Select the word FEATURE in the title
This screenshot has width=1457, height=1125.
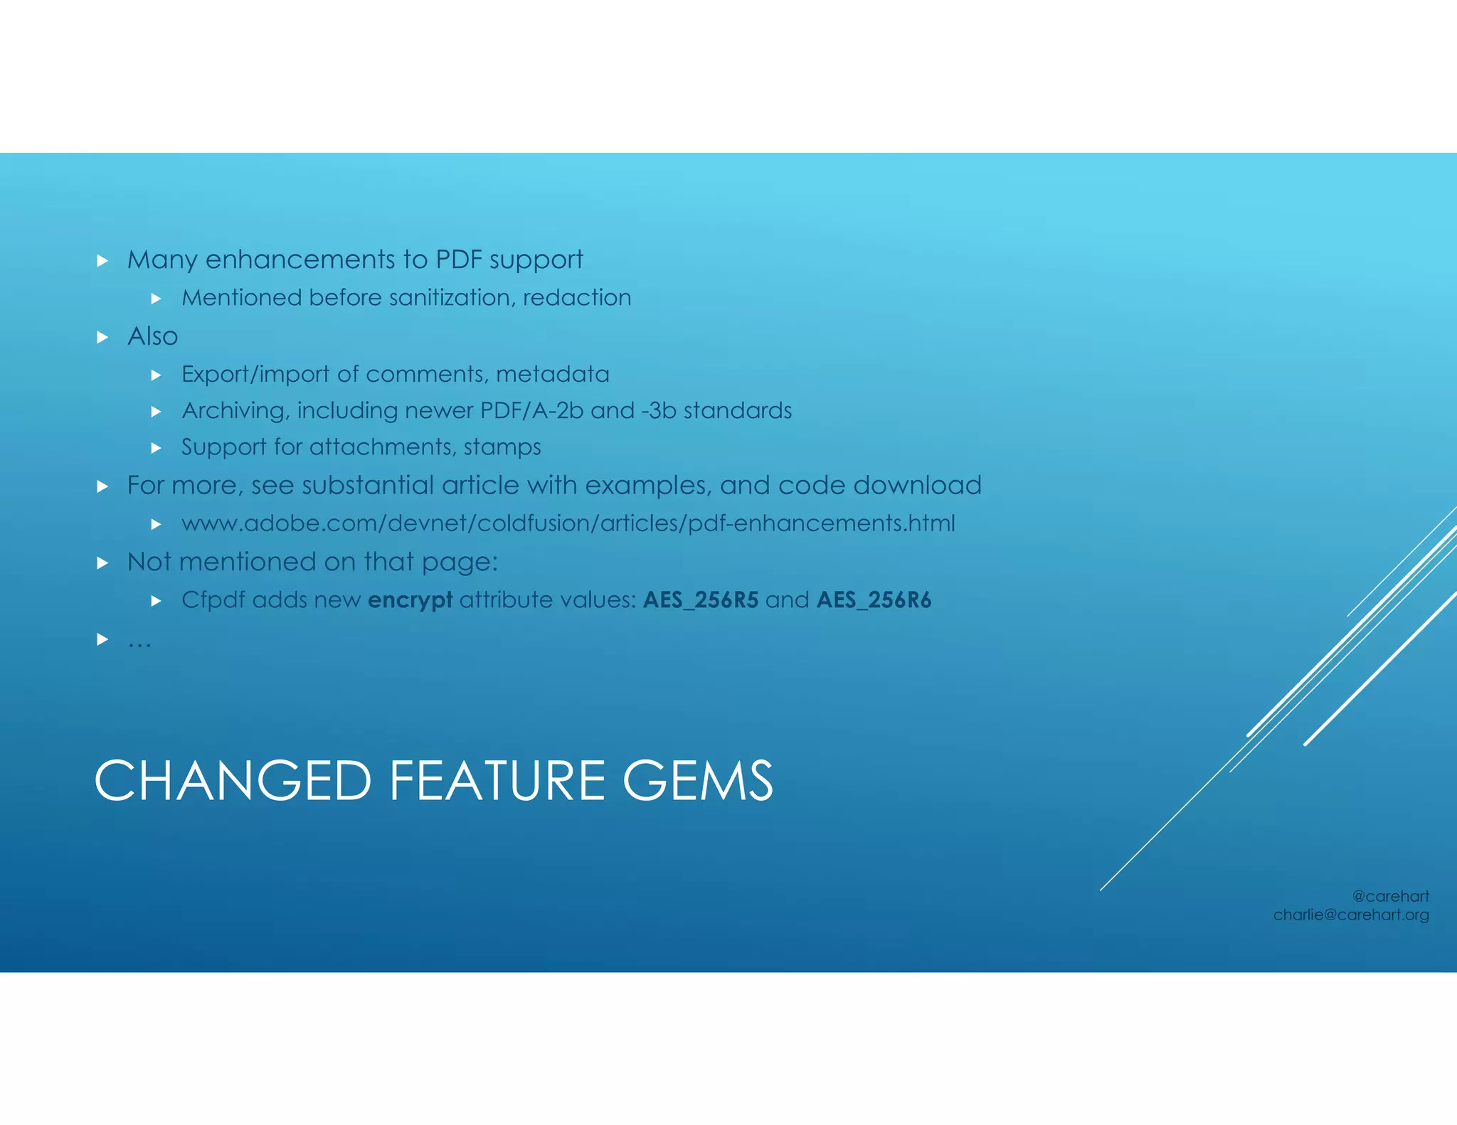[497, 781]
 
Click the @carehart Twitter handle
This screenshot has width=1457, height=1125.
[1390, 896]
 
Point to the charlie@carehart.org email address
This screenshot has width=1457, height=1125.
[1350, 915]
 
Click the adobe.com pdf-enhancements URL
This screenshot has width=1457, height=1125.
[568, 523]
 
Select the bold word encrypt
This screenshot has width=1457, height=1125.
[410, 600]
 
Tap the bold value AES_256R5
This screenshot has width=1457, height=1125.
[701, 600]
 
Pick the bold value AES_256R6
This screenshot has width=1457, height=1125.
[874, 600]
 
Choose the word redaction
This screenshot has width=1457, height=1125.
[577, 297]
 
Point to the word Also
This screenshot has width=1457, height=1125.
[152, 336]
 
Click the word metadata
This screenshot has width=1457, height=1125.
[553, 374]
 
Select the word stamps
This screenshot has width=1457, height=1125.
[502, 447]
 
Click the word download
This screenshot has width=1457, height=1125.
[917, 485]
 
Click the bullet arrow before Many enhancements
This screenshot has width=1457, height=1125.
[102, 261]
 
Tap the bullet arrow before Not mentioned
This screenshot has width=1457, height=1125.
[102, 563]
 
